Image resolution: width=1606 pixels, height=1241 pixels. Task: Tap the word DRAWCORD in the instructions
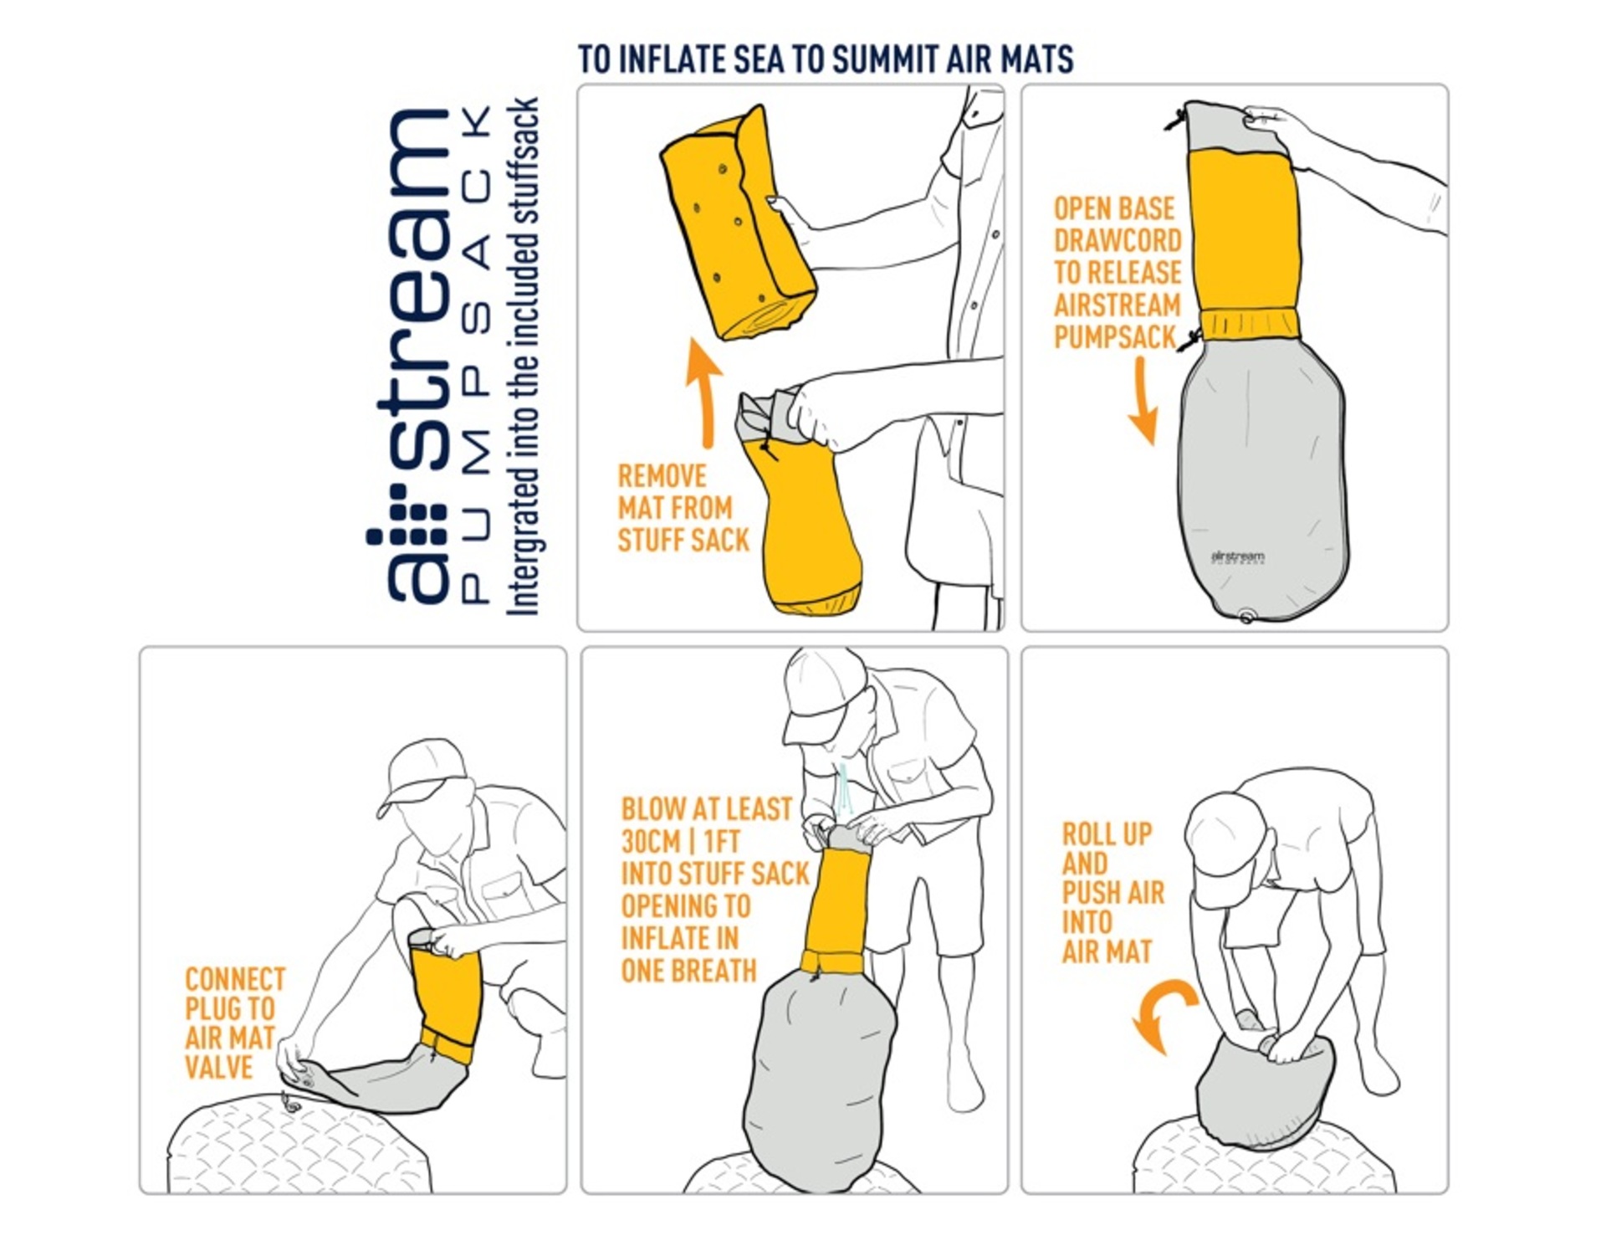coord(1118,241)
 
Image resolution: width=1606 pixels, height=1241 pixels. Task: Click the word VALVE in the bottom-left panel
coord(219,1068)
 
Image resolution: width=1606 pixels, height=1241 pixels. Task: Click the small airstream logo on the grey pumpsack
coord(1238,557)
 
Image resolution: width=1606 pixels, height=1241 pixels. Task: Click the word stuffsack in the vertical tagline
coord(524,172)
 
